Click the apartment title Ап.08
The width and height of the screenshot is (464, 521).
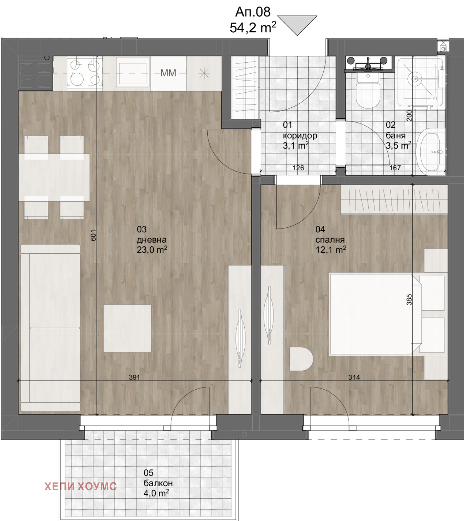(253, 12)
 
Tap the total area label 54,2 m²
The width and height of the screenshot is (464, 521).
(253, 28)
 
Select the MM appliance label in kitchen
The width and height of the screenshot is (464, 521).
(168, 73)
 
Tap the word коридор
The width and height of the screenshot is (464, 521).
(300, 136)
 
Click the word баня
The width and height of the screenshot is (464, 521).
(395, 136)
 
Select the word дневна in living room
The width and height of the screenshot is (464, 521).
(152, 240)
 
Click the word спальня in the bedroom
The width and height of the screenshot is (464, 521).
(330, 240)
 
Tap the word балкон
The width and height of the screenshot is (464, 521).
(158, 483)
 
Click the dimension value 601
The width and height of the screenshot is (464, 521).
(93, 235)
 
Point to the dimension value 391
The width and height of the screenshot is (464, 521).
(134, 377)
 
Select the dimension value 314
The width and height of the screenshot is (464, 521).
(354, 377)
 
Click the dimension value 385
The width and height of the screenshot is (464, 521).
(409, 300)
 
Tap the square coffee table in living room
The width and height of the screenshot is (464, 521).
(127, 328)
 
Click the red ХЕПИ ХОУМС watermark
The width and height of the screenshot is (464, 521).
(81, 486)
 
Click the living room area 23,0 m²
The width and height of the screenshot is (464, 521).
(152, 249)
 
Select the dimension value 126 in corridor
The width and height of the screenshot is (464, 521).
(298, 168)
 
